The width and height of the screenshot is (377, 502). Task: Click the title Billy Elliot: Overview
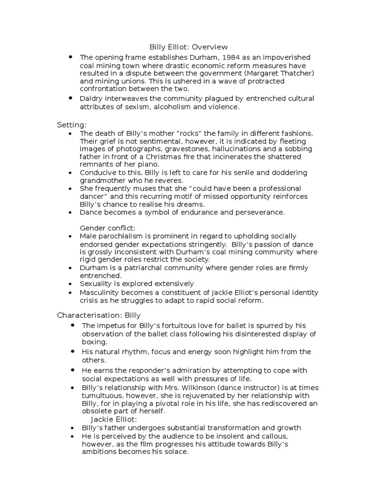[x=188, y=47]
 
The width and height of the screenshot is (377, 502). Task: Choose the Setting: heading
[x=72, y=125]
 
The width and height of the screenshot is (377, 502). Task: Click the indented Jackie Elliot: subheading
[x=114, y=419]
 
